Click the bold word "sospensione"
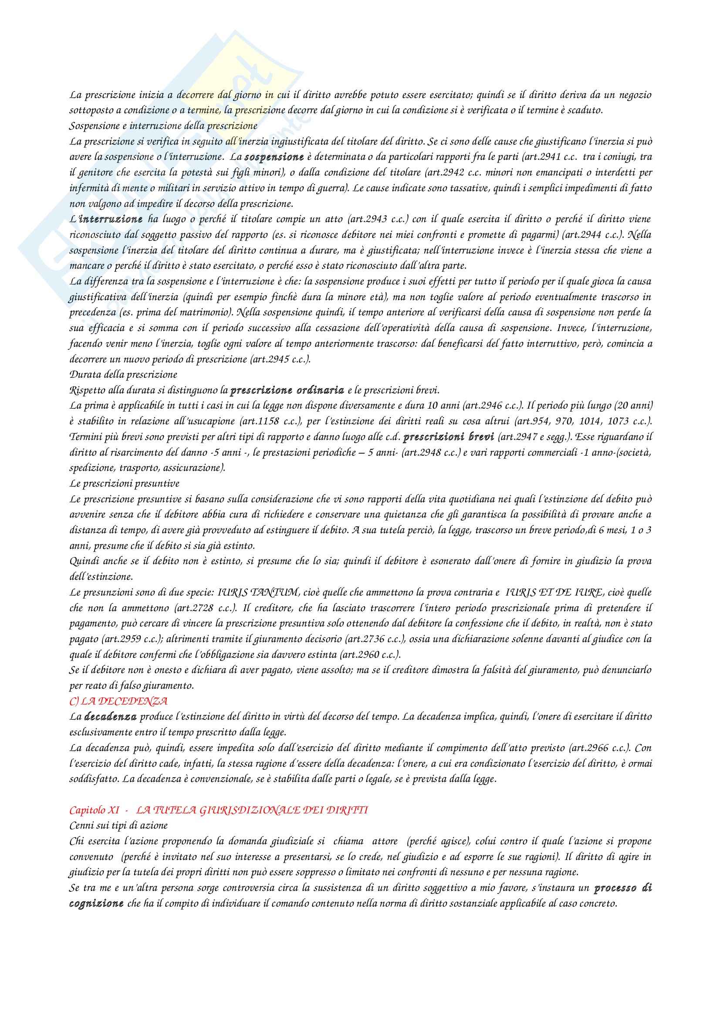[x=274, y=157]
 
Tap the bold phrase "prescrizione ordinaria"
[x=287, y=390]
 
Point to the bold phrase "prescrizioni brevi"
[x=449, y=437]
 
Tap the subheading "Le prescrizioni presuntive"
[x=124, y=483]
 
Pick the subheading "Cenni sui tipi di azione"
[x=118, y=826]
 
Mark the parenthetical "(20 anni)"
[x=633, y=406]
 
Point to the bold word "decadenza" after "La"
[x=110, y=717]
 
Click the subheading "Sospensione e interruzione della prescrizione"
[x=163, y=126]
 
